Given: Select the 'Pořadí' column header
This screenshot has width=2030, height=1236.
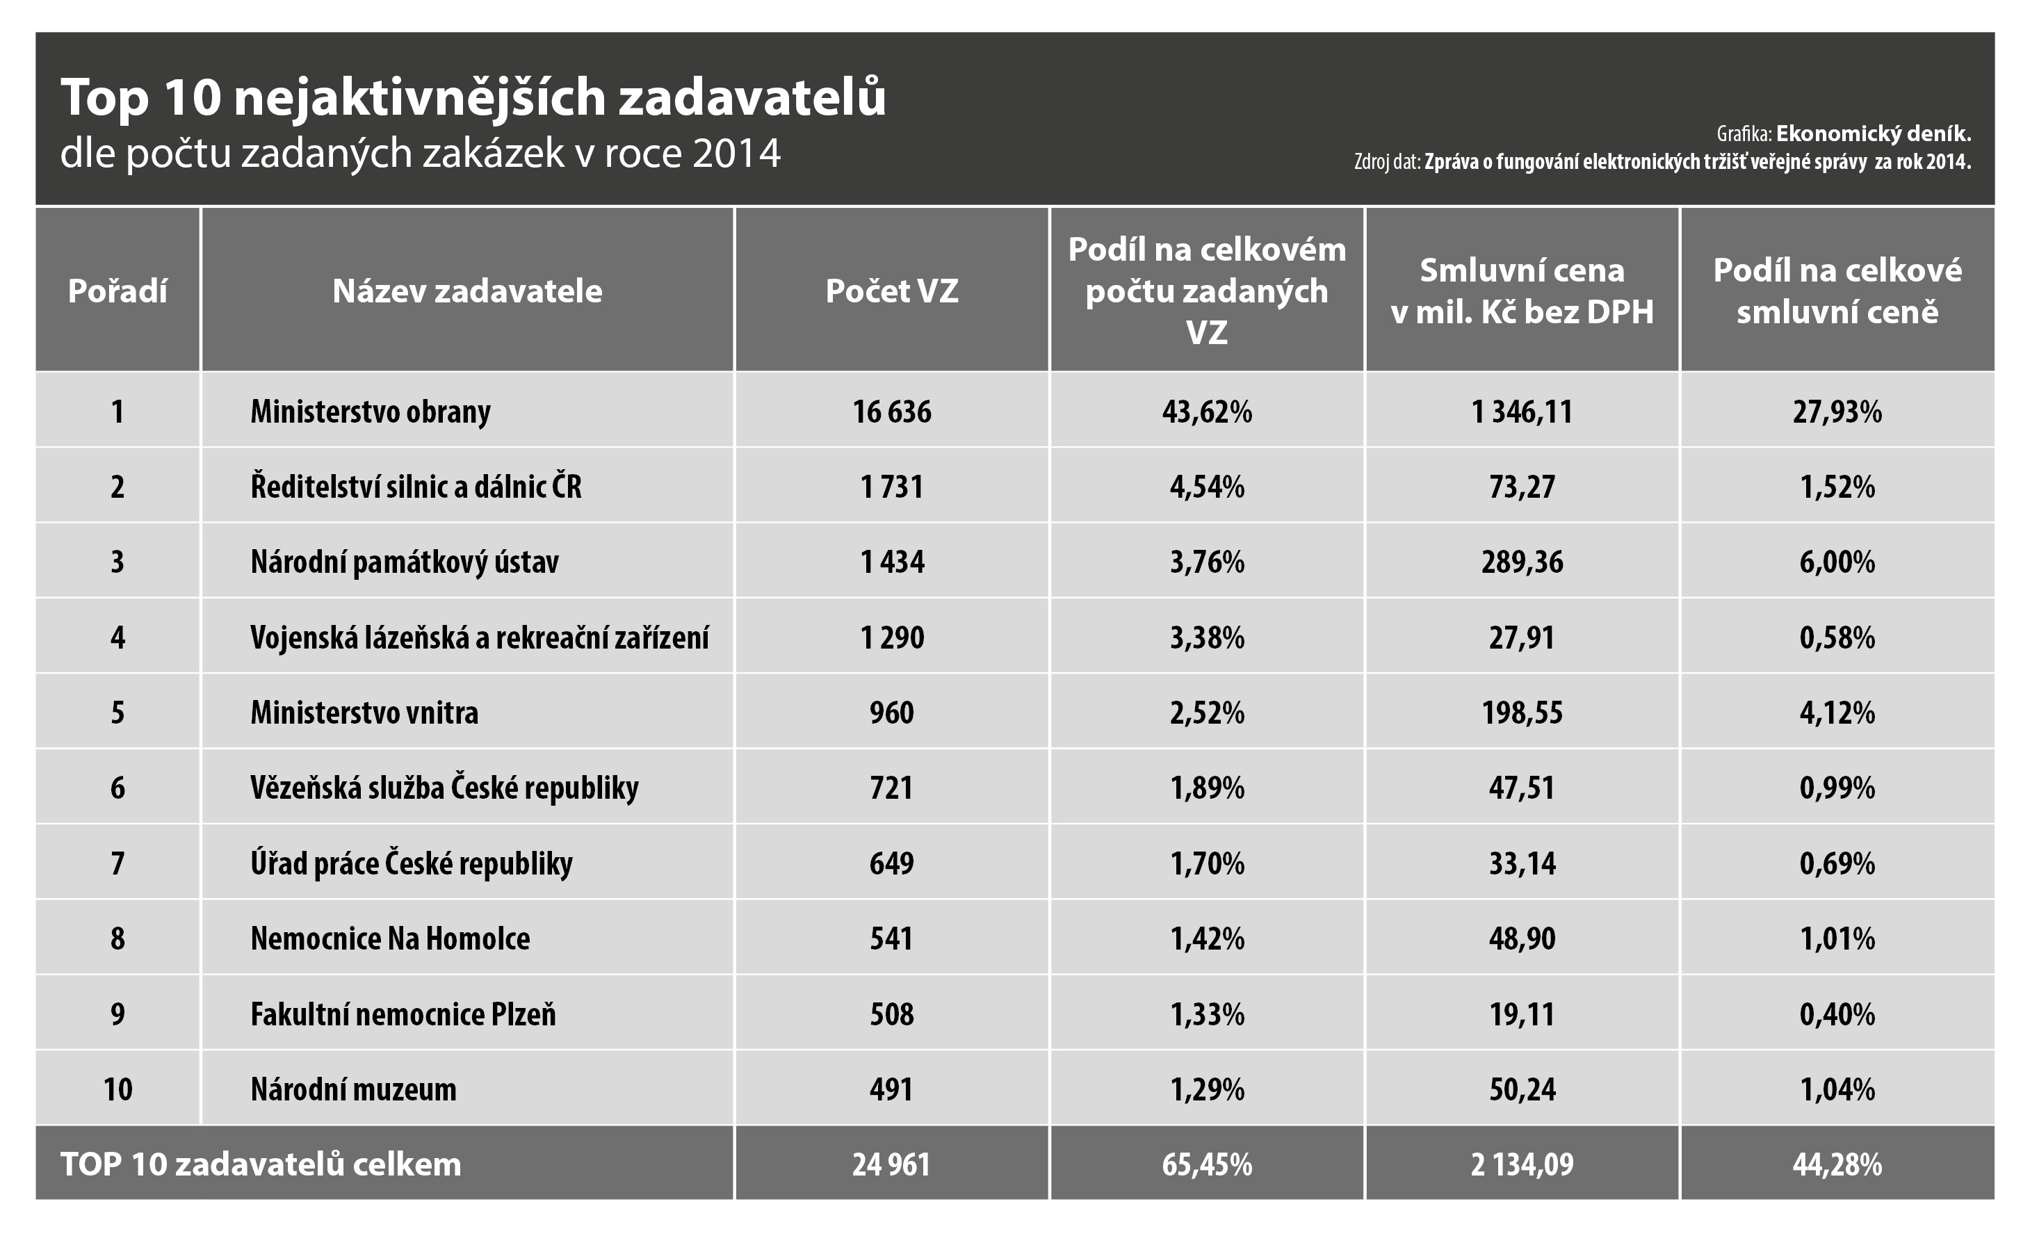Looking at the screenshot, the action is [117, 291].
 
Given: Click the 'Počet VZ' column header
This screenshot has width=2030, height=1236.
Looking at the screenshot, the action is [891, 291].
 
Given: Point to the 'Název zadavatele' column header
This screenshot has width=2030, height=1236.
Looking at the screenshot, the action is [467, 291].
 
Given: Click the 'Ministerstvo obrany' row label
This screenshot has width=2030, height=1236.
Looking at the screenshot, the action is [371, 411].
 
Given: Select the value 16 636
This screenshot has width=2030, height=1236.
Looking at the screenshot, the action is [891, 411].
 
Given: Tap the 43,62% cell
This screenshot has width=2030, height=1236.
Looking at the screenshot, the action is [1207, 411].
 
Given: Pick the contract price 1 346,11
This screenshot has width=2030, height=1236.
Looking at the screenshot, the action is [1522, 411].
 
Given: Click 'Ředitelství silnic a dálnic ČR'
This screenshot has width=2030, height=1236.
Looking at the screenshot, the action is [416, 486].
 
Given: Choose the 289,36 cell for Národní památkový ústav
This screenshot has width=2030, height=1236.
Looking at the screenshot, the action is [1522, 562].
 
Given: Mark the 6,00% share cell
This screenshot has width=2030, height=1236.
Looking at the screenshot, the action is [1837, 562].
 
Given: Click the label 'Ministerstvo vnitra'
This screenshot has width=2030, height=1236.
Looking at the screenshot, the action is [364, 713].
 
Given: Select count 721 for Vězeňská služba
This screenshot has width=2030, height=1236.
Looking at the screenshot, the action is [891, 788].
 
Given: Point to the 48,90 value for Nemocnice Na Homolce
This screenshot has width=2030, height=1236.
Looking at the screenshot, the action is [1522, 938].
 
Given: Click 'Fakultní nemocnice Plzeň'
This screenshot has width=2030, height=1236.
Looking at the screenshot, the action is [403, 1014].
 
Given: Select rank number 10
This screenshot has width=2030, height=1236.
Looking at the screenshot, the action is [117, 1089].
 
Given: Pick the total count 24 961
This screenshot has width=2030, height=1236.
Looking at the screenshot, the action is [891, 1164].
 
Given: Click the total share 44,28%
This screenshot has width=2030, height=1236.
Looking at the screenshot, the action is [1837, 1164].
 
